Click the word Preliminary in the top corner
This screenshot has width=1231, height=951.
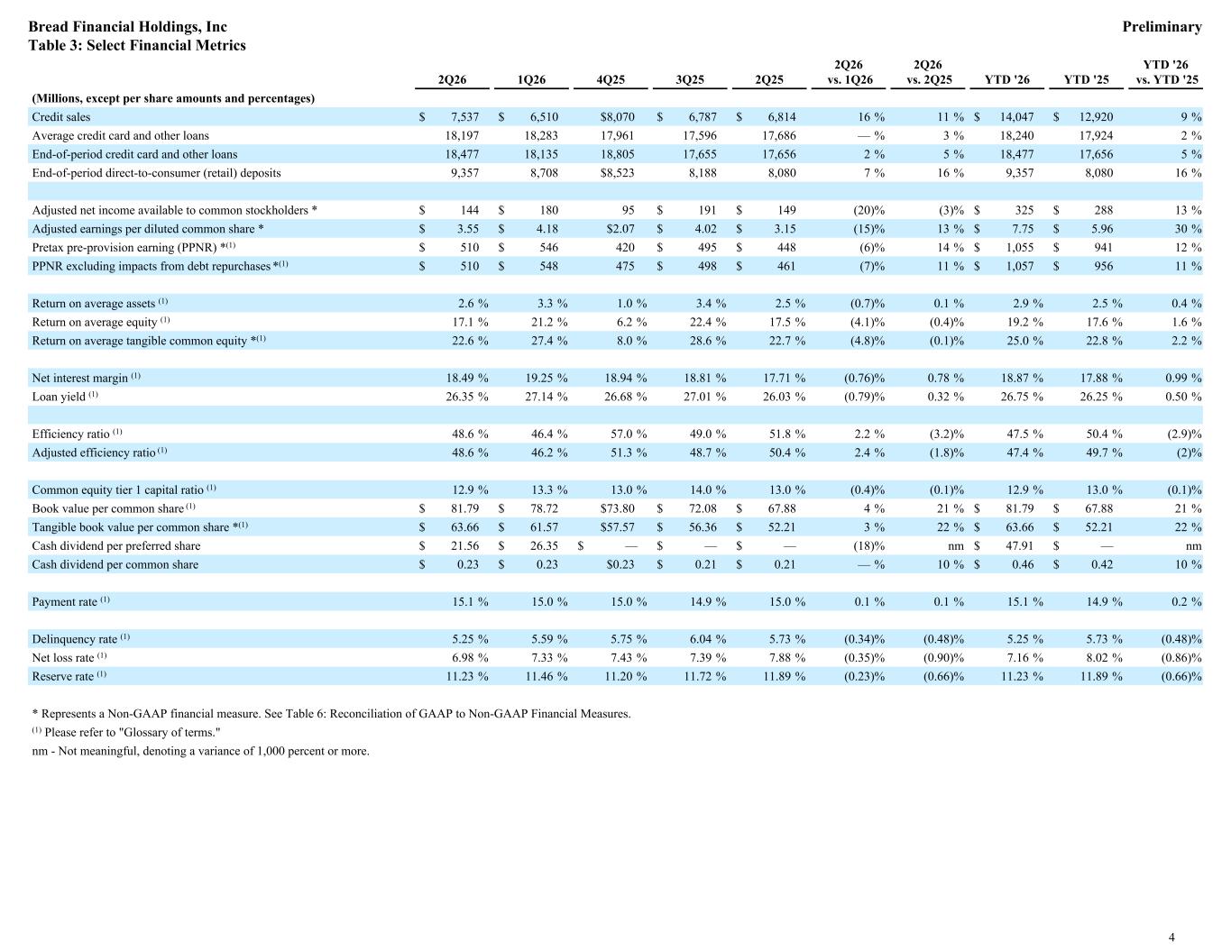click(x=1162, y=27)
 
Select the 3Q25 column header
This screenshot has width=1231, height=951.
click(x=689, y=80)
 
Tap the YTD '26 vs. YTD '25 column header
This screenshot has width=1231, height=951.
click(x=1166, y=72)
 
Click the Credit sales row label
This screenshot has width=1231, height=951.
click(x=61, y=116)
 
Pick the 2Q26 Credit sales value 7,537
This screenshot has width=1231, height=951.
click(x=464, y=116)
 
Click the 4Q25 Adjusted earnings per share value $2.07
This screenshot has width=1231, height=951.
click(x=617, y=229)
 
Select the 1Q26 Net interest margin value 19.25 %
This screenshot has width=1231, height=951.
click(x=547, y=378)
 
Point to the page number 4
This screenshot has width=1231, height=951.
click(x=1171, y=937)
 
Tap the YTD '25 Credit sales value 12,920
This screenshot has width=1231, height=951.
click(x=1096, y=116)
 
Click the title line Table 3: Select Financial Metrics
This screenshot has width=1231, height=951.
click(x=137, y=45)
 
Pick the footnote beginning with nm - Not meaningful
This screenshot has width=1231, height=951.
click(x=200, y=751)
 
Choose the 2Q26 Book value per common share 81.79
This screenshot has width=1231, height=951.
click(x=464, y=508)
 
